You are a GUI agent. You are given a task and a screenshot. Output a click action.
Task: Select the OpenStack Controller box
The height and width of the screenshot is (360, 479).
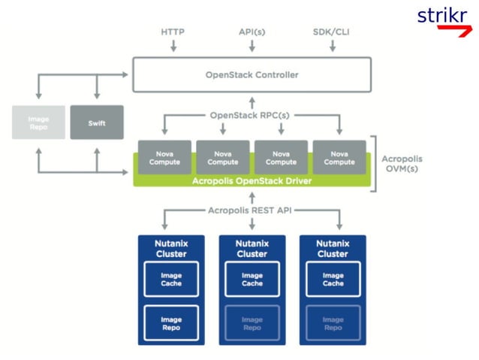coord(252,74)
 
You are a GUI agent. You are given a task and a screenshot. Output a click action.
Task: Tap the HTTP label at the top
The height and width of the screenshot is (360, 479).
coord(173,32)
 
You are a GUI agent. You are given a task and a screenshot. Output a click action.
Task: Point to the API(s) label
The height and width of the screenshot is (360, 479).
coord(252,32)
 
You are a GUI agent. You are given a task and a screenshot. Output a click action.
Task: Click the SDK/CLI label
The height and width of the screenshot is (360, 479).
coord(331,32)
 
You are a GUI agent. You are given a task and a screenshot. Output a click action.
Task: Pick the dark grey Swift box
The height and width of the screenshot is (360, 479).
coord(96,122)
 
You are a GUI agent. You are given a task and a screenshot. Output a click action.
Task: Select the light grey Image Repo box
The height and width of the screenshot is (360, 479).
coord(38,122)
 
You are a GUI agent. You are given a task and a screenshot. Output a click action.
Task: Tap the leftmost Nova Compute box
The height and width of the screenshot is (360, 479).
coord(164,157)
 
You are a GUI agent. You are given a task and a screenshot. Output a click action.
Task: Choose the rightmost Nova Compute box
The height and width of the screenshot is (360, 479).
coord(339,157)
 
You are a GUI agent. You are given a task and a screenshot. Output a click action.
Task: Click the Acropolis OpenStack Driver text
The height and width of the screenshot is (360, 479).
coord(252,180)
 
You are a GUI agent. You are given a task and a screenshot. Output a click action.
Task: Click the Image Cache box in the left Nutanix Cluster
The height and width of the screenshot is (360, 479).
coord(171,280)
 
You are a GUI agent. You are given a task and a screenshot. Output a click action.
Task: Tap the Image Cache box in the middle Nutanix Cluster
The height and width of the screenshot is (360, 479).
coord(252,280)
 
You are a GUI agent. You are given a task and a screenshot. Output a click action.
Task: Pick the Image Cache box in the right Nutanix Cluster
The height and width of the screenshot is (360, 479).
coord(333,280)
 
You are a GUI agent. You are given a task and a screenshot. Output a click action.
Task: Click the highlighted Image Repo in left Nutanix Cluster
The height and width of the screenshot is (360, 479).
coord(171,323)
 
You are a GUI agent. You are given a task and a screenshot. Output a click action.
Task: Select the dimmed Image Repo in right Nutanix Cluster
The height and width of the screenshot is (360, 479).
coord(333,323)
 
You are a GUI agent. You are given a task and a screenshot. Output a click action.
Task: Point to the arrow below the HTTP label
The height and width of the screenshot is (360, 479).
coord(173,47)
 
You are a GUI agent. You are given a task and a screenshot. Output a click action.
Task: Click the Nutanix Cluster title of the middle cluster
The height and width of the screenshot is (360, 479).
coord(252,249)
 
